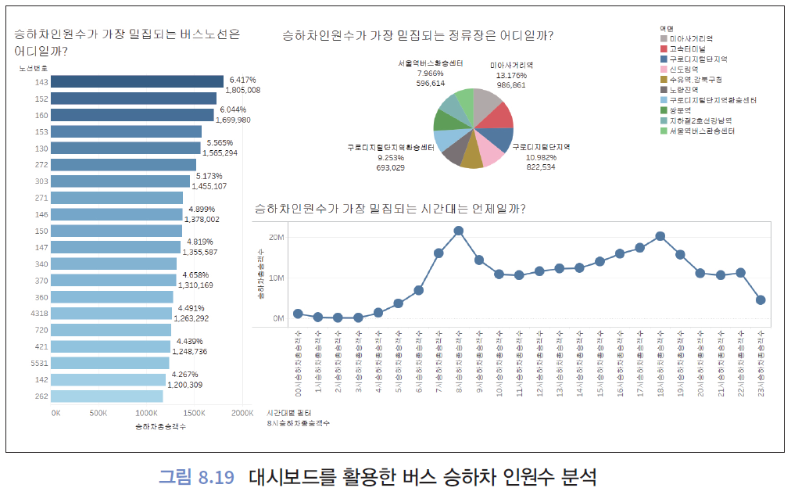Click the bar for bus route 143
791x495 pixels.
(x=138, y=82)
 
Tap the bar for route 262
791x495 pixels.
(x=106, y=396)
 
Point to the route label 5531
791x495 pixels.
(x=38, y=363)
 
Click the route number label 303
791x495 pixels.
(x=41, y=181)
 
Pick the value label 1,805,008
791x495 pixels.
(x=243, y=91)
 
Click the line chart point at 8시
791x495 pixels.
(x=459, y=231)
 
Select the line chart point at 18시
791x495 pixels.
(x=660, y=236)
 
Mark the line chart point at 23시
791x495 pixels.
(x=761, y=300)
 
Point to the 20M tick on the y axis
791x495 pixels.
(x=275, y=237)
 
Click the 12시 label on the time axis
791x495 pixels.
(x=539, y=366)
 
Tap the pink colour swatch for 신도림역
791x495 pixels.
(x=664, y=70)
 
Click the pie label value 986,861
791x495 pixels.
(x=512, y=84)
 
